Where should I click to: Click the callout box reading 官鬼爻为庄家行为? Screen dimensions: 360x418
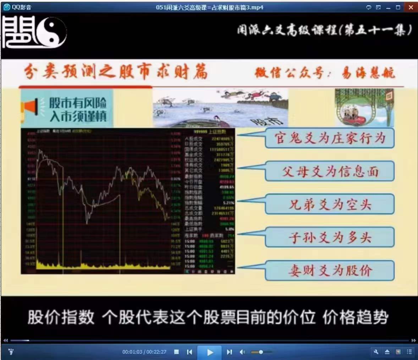[x=329, y=138]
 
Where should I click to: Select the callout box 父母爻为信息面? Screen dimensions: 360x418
[x=329, y=171]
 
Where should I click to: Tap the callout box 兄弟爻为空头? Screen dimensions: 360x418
[x=329, y=204]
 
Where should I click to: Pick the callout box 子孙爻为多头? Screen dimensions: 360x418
[x=329, y=237]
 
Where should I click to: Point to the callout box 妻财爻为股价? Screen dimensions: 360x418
[x=329, y=271]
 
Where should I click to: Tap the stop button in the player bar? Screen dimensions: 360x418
[x=176, y=352]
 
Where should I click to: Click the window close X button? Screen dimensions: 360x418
[x=411, y=7]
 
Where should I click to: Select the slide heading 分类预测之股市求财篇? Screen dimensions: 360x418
[x=116, y=72]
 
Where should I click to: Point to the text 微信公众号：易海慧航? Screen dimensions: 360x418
[x=324, y=73]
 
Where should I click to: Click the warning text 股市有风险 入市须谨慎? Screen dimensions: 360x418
[x=78, y=109]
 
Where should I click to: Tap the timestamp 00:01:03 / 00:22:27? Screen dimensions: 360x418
[x=144, y=352]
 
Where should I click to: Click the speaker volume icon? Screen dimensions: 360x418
[x=242, y=352]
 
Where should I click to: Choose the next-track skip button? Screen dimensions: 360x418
[x=229, y=352]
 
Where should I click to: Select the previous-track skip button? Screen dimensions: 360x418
[x=189, y=352]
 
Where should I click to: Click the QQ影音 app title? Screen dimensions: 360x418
[x=21, y=7]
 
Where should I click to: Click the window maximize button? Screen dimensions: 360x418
[x=398, y=7]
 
